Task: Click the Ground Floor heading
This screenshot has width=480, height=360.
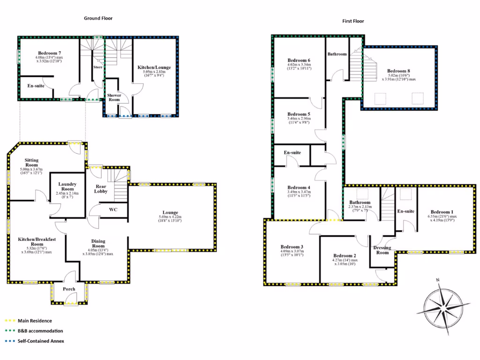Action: [x=98, y=18]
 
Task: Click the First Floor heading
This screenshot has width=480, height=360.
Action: [x=353, y=21]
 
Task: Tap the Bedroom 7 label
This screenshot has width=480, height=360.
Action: [x=48, y=53]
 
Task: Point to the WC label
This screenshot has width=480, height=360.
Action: [x=113, y=210]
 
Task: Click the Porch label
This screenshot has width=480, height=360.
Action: [x=69, y=289]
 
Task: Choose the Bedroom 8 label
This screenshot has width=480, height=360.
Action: [x=399, y=71]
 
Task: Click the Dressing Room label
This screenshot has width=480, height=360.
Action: [x=382, y=250]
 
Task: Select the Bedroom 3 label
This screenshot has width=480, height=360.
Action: [x=292, y=247]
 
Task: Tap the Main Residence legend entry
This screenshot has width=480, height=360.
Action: [x=34, y=321]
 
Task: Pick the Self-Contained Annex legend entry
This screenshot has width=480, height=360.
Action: [x=41, y=341]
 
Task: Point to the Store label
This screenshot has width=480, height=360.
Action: [x=97, y=67]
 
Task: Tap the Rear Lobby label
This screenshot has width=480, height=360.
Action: [x=101, y=188]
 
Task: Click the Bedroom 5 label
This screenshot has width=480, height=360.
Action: [x=299, y=114]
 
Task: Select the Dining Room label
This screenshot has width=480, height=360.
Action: [x=97, y=244]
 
